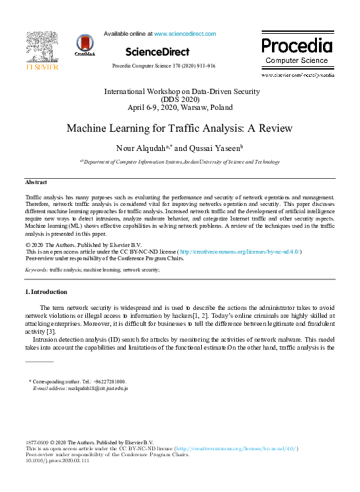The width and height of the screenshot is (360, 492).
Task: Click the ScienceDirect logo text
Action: coord(157,52)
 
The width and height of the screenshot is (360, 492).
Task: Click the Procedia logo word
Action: coord(296,46)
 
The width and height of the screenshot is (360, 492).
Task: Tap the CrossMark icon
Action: coord(85,46)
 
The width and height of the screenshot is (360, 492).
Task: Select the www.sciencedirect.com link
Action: coord(185,34)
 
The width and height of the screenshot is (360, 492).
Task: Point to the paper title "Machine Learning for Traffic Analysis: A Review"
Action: coord(179,128)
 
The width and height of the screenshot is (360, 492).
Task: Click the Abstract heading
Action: coord(36,182)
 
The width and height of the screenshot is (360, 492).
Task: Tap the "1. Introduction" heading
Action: coord(46,292)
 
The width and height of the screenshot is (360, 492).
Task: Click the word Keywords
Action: coord(36,270)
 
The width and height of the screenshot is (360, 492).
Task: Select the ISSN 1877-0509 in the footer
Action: coord(36,442)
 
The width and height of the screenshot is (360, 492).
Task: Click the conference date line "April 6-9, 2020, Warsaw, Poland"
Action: coord(179,107)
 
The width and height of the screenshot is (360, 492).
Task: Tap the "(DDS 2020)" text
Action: coord(179,99)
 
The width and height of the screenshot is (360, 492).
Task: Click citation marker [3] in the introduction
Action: coord(50,331)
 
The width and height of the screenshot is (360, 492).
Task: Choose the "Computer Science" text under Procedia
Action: coord(296,61)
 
